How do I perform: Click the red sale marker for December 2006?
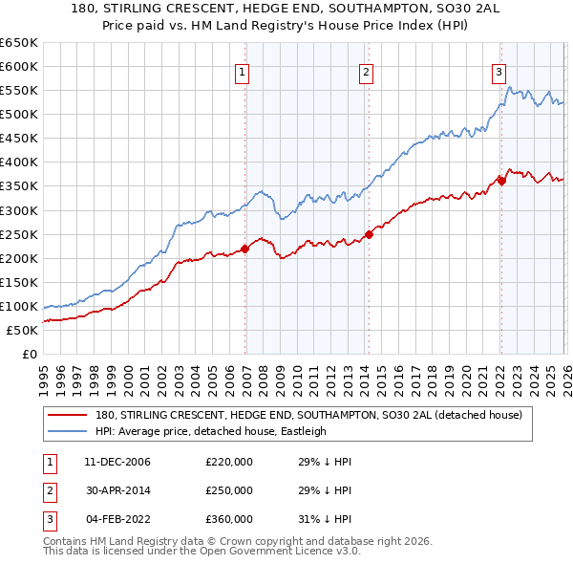click(x=244, y=249)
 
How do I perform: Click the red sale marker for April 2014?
click(x=369, y=234)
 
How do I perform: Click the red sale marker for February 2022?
click(x=501, y=181)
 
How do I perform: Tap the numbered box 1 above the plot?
click(x=242, y=71)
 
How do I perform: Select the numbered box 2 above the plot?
click(x=366, y=71)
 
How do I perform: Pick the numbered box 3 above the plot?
click(x=499, y=71)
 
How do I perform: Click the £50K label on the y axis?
click(x=22, y=330)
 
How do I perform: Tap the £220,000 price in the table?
click(x=229, y=462)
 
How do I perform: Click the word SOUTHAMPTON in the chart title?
click(x=316, y=10)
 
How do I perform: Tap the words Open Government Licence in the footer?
click(x=277, y=553)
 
